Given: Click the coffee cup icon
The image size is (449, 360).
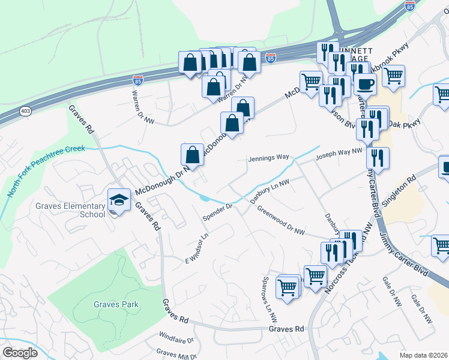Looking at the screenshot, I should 364,83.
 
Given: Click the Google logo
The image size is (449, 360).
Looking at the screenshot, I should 20,353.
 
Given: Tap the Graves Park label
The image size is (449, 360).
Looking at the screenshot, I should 116,304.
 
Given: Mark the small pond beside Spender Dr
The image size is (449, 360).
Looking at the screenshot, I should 205,197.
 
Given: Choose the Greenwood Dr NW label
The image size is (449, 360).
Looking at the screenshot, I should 282,221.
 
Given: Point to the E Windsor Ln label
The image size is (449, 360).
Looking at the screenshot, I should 196,248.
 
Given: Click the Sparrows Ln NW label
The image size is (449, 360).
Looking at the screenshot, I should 268,298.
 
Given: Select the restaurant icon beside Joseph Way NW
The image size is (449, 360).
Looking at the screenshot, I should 378,158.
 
